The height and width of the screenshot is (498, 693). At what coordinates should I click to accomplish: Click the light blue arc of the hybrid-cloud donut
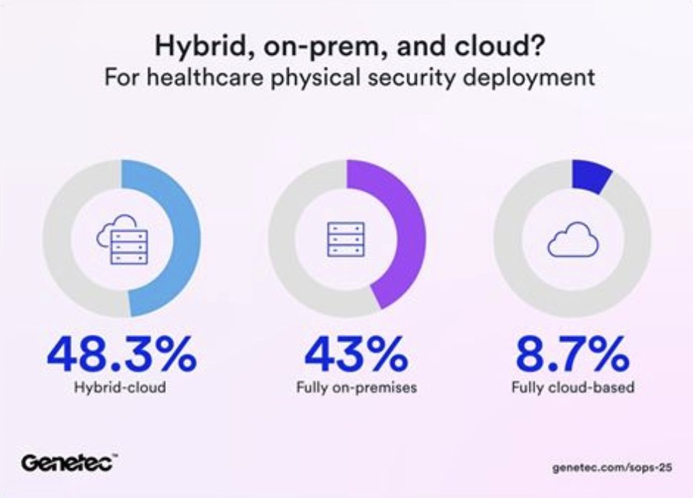(x=186, y=238)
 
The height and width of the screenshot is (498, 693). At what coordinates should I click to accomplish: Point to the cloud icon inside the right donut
(x=572, y=239)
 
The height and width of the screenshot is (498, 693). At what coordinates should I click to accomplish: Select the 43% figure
(x=346, y=356)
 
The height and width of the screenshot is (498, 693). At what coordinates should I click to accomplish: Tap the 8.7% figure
(x=572, y=356)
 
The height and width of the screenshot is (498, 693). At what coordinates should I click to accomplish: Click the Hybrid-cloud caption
(x=121, y=388)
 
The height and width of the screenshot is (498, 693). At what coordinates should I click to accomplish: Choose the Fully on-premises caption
(x=346, y=388)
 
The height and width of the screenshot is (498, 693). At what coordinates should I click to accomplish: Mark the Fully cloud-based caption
(x=572, y=388)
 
